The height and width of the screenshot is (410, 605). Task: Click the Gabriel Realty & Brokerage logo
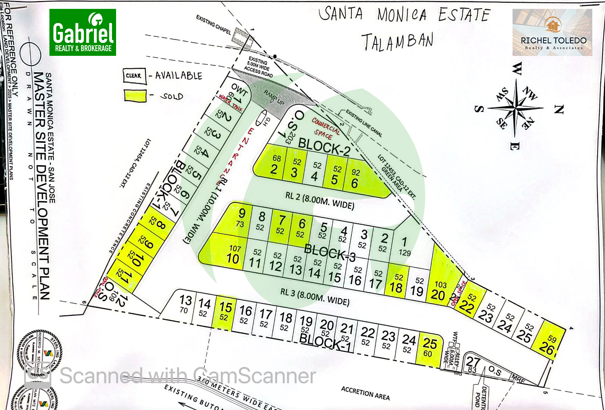click(83, 32)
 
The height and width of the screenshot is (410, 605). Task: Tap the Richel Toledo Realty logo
click(552, 32)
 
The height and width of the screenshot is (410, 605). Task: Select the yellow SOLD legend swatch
click(135, 96)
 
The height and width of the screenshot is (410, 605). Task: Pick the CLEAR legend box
click(134, 76)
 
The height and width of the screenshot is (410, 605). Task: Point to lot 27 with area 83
click(473, 364)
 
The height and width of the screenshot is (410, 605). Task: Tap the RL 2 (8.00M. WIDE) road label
click(320, 200)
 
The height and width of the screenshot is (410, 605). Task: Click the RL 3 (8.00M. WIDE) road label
click(315, 297)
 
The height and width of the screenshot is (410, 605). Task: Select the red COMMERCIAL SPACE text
click(325, 129)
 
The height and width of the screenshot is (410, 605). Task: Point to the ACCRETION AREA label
click(365, 393)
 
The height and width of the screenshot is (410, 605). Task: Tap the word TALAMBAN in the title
click(397, 42)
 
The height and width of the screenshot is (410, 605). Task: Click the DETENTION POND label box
click(480, 396)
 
